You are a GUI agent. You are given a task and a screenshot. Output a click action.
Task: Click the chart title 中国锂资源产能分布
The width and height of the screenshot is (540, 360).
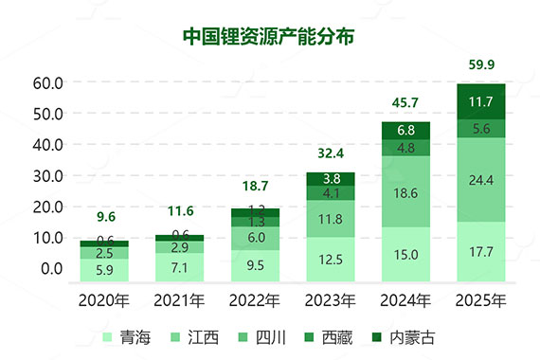[x=269, y=35]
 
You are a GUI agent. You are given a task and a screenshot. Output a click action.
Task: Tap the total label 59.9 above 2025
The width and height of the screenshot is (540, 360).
[x=480, y=65]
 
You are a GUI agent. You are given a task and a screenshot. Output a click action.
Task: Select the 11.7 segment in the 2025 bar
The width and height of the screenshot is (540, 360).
[x=480, y=101]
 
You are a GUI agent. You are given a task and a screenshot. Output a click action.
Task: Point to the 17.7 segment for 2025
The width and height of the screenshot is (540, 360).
[x=480, y=253]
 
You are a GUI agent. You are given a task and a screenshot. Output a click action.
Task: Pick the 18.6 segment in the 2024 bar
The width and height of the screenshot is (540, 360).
[x=405, y=192]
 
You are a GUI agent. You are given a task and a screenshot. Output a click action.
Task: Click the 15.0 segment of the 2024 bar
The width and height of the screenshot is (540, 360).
[x=405, y=255]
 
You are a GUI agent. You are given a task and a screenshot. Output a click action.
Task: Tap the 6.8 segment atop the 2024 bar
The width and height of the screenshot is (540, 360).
[x=405, y=131]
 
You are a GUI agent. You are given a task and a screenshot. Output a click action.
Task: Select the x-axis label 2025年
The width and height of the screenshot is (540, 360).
[x=480, y=302]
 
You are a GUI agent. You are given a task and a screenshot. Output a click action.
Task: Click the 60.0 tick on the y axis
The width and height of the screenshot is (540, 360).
[x=47, y=83]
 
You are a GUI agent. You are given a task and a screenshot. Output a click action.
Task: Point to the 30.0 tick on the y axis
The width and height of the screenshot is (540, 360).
[x=47, y=175]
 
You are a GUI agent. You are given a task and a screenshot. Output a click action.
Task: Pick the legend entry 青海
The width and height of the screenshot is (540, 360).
[x=122, y=336]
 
